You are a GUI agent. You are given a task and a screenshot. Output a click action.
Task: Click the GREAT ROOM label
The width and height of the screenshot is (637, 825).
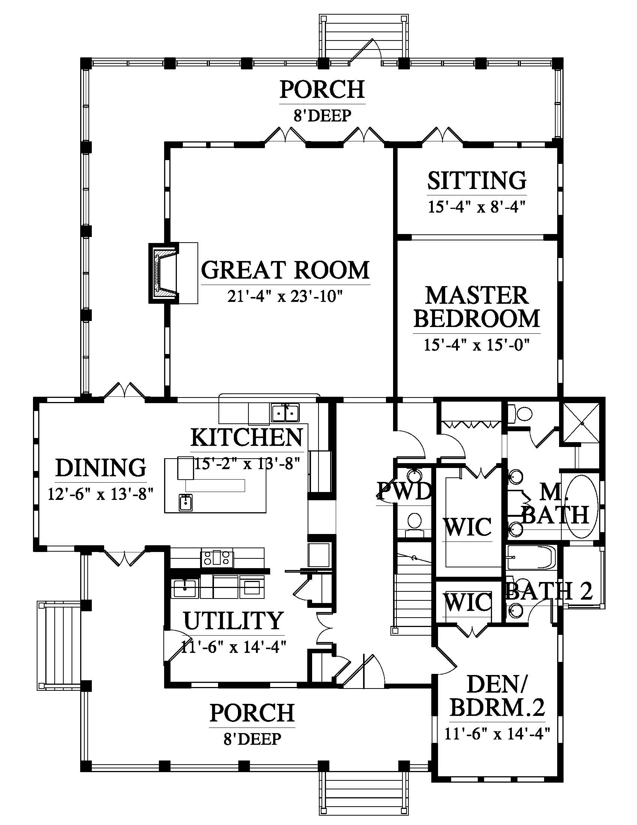pyautogui.click(x=285, y=270)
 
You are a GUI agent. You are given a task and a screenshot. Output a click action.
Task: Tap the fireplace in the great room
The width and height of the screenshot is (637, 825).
pyautogui.click(x=163, y=273)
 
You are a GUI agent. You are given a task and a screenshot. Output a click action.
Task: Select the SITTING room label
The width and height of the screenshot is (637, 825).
pyautogui.click(x=477, y=181)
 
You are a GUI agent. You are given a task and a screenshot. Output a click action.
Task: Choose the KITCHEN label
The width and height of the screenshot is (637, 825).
pyautogui.click(x=247, y=437)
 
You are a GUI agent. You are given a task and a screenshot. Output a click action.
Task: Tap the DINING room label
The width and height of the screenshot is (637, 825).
pyautogui.click(x=101, y=468)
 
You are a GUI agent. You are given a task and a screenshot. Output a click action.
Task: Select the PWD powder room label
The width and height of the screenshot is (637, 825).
pyautogui.click(x=404, y=491)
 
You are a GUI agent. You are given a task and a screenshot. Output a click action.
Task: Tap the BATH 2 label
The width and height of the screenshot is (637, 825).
pyautogui.click(x=549, y=591)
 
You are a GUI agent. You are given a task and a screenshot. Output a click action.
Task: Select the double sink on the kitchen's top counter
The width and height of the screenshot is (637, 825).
pyautogui.click(x=285, y=413)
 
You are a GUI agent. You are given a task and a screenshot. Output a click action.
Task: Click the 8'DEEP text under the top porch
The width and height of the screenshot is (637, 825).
pyautogui.click(x=323, y=115)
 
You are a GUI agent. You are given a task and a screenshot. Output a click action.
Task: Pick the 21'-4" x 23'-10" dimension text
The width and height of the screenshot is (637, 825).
pyautogui.click(x=285, y=297)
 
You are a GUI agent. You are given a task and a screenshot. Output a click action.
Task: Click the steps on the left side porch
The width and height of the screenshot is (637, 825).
pyautogui.click(x=59, y=646)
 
